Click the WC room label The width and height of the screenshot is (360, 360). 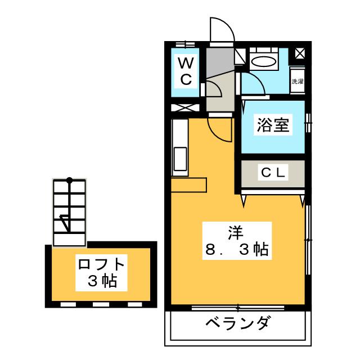coord(186,71)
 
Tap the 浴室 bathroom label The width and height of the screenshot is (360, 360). coord(273,125)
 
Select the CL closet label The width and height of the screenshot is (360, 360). coord(273,173)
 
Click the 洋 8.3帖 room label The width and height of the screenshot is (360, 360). coord(237,241)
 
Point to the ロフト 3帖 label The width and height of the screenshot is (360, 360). coord(101,272)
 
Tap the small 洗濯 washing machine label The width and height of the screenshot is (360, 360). coord(298,81)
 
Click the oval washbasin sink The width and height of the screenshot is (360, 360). coord(264,61)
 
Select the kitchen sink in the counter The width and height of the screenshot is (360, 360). coord(181,159)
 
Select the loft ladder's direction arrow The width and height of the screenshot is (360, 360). coord(65,223)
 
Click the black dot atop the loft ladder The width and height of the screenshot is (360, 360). coord(69,180)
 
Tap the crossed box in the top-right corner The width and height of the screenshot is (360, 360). coord(300,54)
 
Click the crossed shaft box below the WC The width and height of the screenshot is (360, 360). coord(185,107)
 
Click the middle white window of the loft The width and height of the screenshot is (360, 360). coord(101,305)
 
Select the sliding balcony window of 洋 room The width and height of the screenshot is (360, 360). coord(238,308)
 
